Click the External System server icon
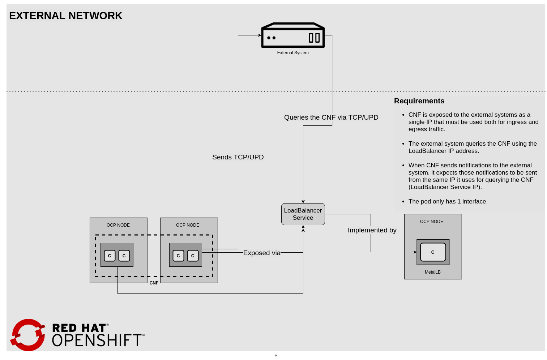(x=293, y=35)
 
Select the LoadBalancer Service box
(x=303, y=214)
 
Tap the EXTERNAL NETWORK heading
(x=66, y=16)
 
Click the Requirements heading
(x=419, y=101)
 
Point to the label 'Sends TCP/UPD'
(x=238, y=157)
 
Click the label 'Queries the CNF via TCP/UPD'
(x=331, y=117)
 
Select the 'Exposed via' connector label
(x=262, y=253)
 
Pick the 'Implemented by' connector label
(x=372, y=230)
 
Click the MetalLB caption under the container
(x=432, y=272)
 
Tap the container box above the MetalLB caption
(x=433, y=252)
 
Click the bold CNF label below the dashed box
(x=154, y=283)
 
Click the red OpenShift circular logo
(x=28, y=335)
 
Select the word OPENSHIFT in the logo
(x=97, y=340)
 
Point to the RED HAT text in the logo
(x=79, y=328)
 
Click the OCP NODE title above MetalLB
(x=431, y=222)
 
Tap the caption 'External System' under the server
(x=293, y=53)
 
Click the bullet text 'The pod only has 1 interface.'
(x=448, y=202)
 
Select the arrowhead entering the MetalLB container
(x=415, y=252)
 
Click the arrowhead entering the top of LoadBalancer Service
(x=303, y=201)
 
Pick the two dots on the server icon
(x=271, y=38)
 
